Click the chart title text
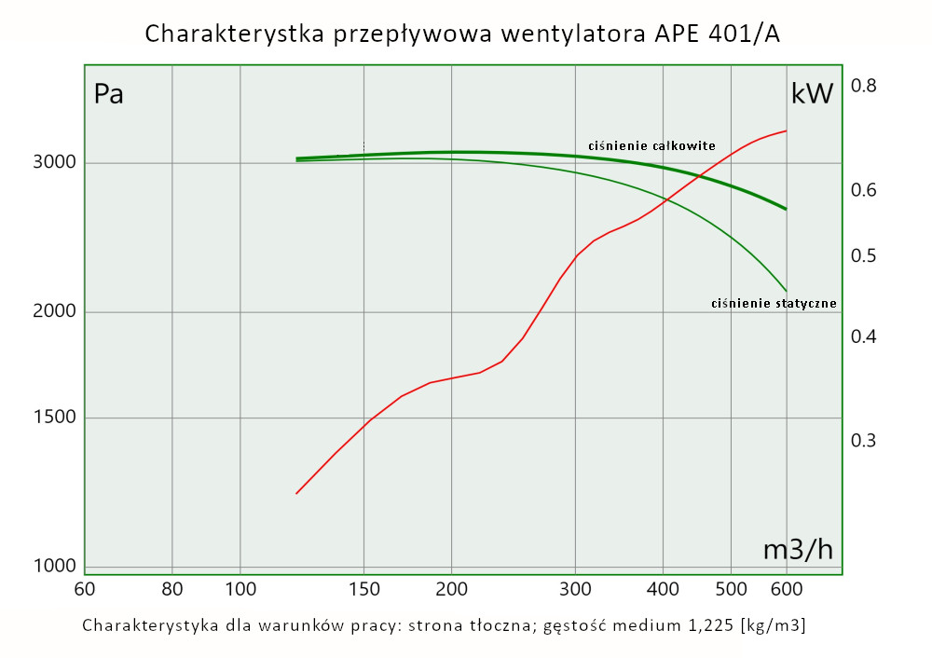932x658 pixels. tap(462, 34)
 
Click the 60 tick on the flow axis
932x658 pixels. tap(84, 589)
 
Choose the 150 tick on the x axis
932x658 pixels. tap(363, 589)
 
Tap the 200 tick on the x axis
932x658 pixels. tap(451, 589)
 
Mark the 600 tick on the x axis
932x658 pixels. tap(787, 589)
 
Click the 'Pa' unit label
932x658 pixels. tap(109, 94)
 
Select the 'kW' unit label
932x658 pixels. tap(811, 94)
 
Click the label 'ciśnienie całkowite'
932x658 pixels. tap(651, 145)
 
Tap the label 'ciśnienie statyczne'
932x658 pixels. tap(774, 303)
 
